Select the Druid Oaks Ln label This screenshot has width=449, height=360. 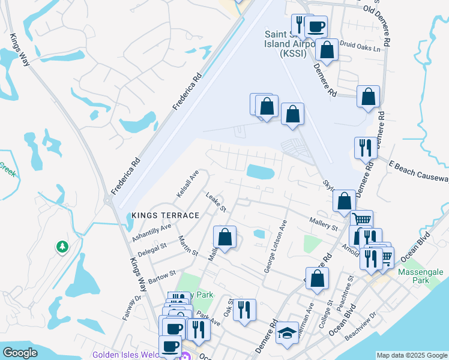[x=361, y=46]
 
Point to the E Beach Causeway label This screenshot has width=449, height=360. [x=418, y=171]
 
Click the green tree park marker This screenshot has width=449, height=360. [x=61, y=247]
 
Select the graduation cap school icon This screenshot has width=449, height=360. [x=288, y=333]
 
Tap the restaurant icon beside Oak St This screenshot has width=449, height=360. [x=244, y=310]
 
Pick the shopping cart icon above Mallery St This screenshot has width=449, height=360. [x=361, y=220]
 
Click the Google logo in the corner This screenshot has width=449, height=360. [x=20, y=353]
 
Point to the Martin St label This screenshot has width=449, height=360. [x=188, y=246]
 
